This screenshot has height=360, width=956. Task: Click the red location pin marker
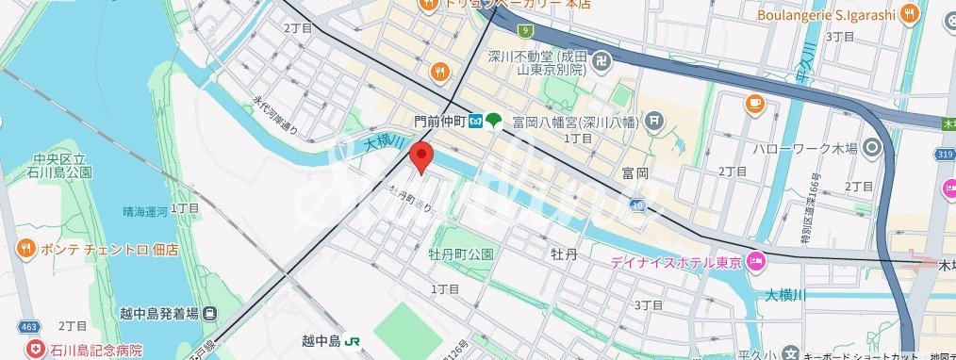pos(420,156)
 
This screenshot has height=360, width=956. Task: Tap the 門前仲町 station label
pos(440,121)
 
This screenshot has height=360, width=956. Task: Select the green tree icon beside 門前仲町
pos(494,121)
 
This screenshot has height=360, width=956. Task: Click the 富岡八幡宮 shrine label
pos(575,121)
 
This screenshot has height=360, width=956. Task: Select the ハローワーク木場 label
pos(805,148)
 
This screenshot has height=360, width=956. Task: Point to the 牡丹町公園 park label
pos(461,254)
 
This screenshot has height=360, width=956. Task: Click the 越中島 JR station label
pos(315,341)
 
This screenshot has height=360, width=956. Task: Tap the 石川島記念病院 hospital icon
pos(36,350)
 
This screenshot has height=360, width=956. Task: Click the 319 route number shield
pos(945,152)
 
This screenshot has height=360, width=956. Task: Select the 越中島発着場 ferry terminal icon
pos(209,314)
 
